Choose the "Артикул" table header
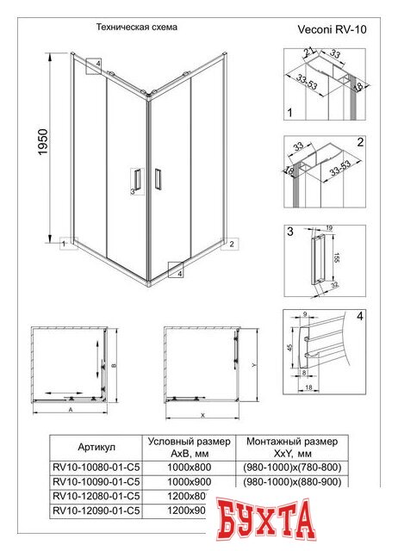coord(96,447)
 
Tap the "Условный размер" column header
coord(189,441)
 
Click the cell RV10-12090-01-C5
coord(96,511)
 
